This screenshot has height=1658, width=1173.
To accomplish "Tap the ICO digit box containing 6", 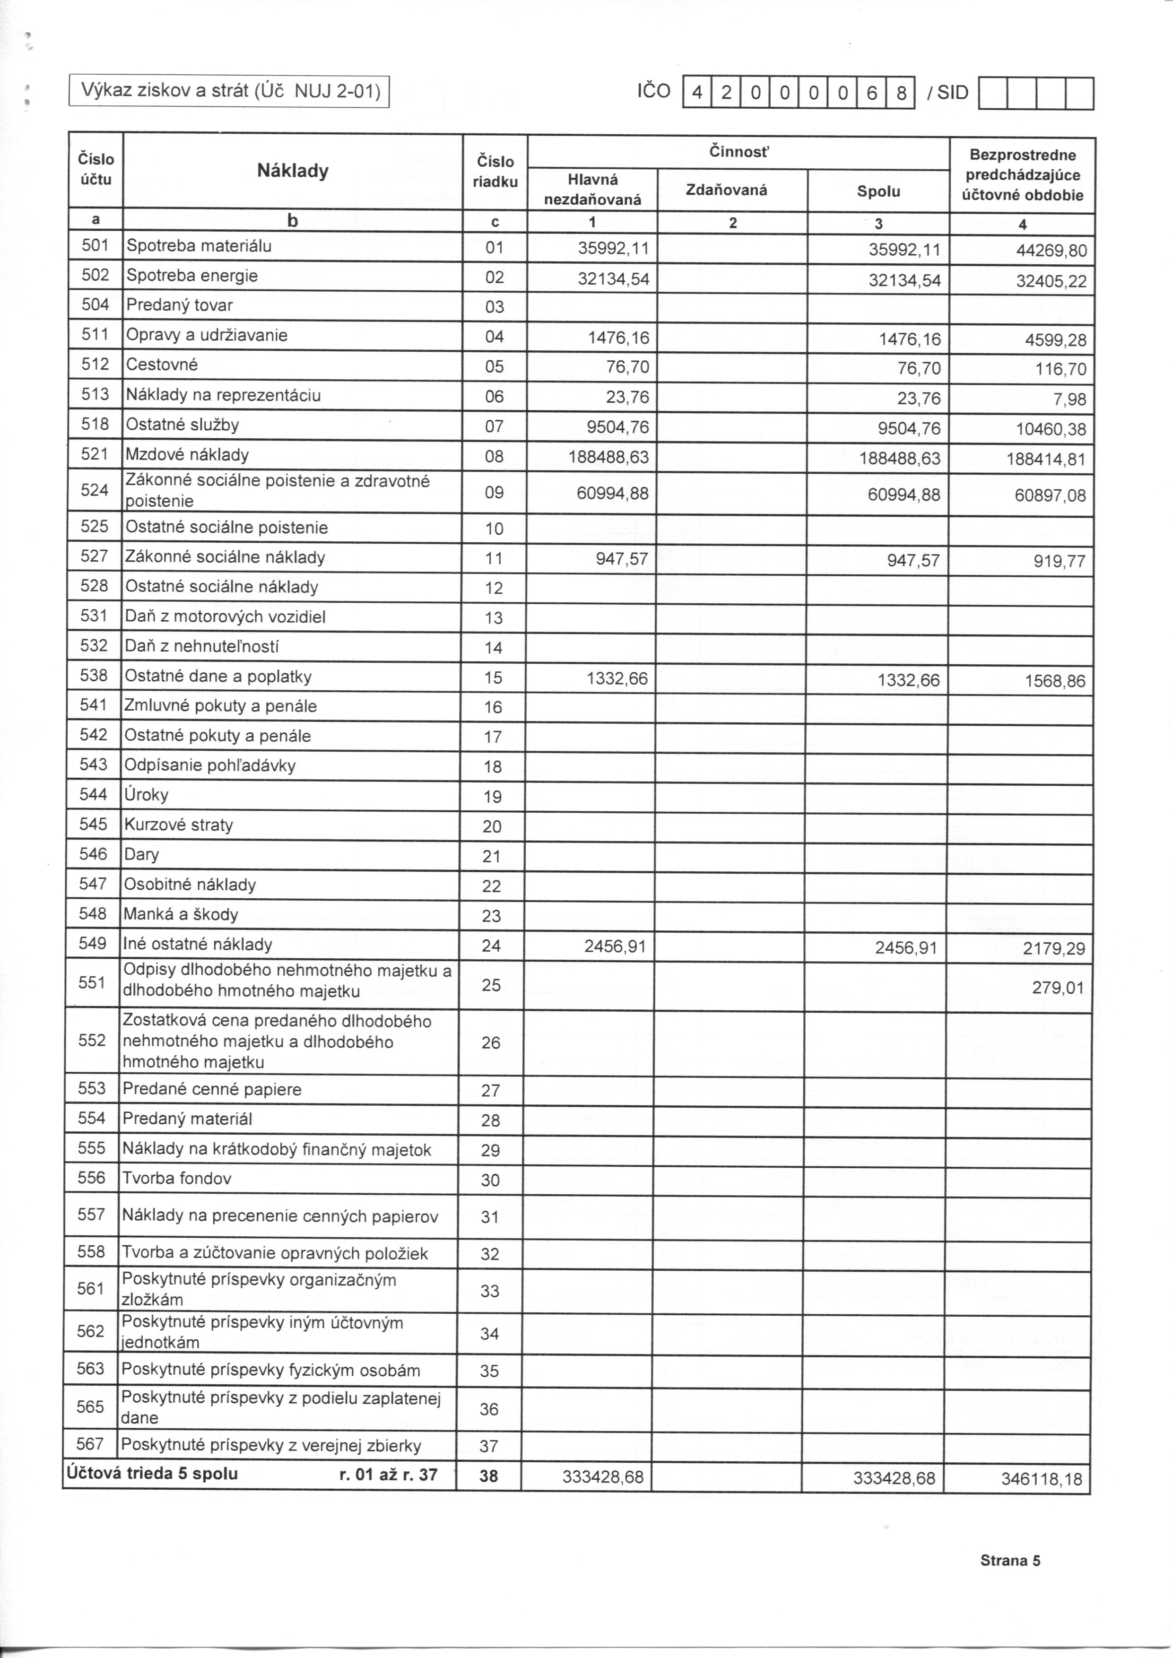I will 871,93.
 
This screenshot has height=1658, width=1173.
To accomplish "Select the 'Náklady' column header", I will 293,171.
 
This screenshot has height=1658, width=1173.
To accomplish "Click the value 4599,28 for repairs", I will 1054,340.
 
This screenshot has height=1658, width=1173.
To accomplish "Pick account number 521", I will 96,454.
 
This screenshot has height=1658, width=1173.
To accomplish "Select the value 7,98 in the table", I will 1069,399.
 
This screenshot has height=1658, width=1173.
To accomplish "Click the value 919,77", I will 1059,562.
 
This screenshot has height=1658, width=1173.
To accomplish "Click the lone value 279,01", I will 1058,988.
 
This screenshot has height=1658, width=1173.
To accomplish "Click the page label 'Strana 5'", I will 1010,1561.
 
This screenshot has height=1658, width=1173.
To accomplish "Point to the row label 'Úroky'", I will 147,795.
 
